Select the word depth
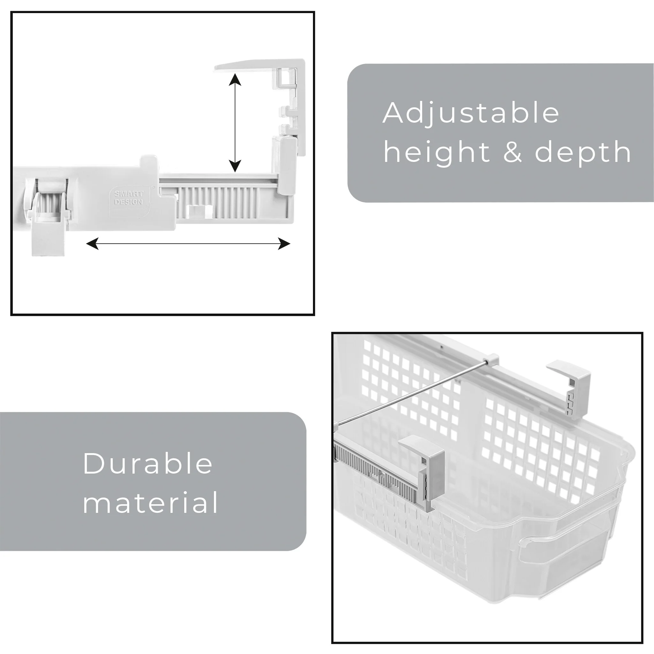[x=583, y=152]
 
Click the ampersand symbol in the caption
[x=513, y=152]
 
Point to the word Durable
[x=148, y=463]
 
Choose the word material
[x=150, y=502]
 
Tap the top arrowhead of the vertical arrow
[x=235, y=80]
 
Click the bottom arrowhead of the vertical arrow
[x=235, y=166]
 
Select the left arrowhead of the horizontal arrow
[x=92, y=244]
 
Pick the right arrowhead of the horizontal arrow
[x=284, y=244]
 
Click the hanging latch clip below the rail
[x=47, y=220]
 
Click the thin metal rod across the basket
[x=411, y=393]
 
